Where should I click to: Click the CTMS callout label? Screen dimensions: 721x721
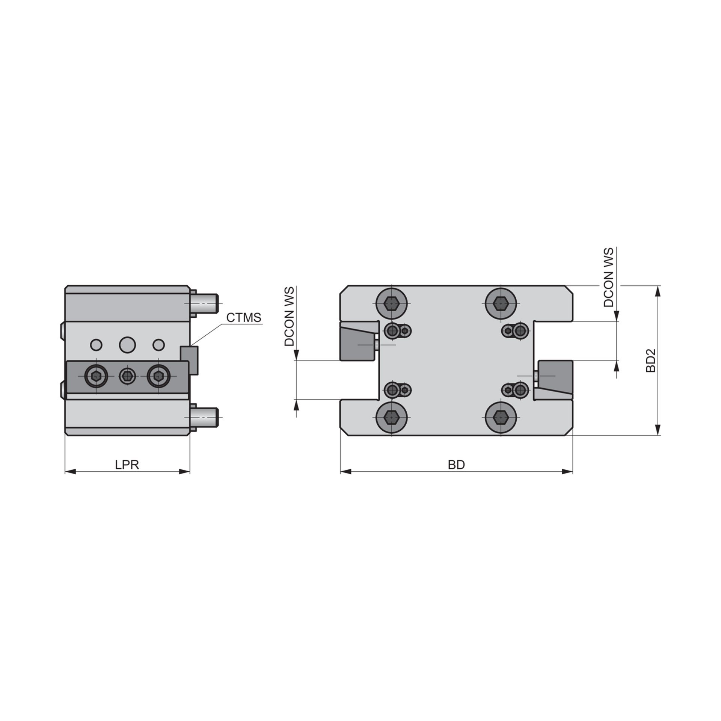(x=243, y=318)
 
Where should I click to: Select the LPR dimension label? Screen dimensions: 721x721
(x=127, y=465)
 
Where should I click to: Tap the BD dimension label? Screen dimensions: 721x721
(x=456, y=465)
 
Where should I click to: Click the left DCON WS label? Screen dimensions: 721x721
(x=290, y=316)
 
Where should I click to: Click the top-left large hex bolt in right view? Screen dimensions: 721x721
(x=391, y=303)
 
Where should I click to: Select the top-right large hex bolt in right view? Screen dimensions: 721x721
(x=501, y=303)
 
